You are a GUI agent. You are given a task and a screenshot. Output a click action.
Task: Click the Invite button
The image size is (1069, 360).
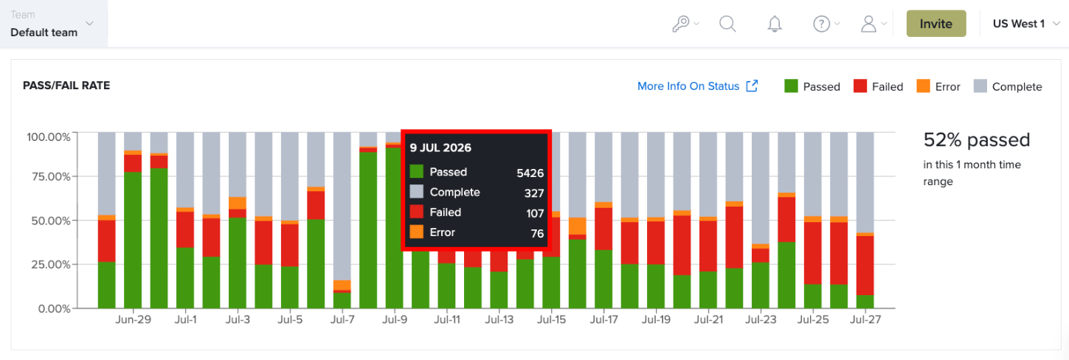click(x=936, y=24)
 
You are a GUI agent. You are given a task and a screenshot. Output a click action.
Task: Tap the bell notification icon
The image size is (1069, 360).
click(x=775, y=24)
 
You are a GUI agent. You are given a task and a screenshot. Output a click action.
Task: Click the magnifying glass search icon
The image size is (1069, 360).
click(x=727, y=24)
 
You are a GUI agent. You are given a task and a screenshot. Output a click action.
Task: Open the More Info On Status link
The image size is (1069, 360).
click(x=697, y=86)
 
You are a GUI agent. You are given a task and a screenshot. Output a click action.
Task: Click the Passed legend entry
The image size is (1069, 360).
click(x=812, y=86)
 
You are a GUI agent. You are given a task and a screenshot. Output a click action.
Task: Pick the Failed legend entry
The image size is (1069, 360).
click(x=878, y=86)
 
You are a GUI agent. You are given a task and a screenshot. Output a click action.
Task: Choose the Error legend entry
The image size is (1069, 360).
click(x=938, y=86)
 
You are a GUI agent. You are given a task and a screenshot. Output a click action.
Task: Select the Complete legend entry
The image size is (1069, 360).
click(x=1008, y=86)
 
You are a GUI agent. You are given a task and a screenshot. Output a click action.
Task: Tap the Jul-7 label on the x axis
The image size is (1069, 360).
click(x=342, y=319)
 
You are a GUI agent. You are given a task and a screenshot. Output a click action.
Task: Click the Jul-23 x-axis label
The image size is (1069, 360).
click(x=761, y=319)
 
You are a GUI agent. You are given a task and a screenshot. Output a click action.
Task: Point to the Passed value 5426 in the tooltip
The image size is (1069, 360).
click(x=530, y=173)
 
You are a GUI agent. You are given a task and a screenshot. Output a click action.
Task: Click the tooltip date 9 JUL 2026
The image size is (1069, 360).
click(x=440, y=148)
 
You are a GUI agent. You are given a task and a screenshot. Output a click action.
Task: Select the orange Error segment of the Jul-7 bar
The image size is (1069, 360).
click(x=342, y=285)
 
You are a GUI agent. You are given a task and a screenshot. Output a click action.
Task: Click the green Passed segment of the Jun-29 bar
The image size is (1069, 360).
click(x=133, y=240)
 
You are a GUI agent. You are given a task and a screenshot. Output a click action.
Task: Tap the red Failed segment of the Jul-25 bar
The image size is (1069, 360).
click(x=813, y=253)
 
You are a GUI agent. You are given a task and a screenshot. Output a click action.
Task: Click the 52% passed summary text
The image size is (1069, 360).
click(x=977, y=140)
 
